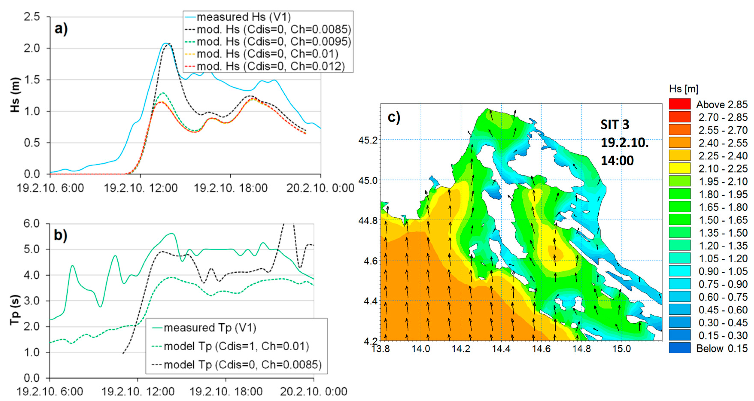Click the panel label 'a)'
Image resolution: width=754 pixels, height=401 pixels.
click(61, 29)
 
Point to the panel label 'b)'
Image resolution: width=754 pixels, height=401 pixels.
click(60, 235)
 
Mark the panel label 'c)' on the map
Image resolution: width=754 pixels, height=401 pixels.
click(394, 117)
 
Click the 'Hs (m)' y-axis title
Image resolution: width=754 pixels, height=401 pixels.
click(15, 95)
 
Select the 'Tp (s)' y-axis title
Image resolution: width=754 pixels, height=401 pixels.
click(15, 310)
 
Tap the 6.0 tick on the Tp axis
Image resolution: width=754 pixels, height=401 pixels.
click(32, 224)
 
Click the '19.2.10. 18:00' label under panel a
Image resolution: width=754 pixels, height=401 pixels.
click(231, 188)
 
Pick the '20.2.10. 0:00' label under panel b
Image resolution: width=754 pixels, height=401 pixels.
click(314, 391)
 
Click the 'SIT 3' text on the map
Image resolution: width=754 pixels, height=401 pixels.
click(615, 125)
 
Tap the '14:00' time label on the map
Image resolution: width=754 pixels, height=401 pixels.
click(617, 161)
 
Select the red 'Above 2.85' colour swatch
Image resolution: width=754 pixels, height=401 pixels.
click(680, 104)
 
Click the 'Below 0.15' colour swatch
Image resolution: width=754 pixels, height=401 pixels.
click(680, 348)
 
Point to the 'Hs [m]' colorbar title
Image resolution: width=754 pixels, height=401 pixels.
click(683, 89)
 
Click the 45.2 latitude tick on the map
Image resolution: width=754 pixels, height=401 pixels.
click(368, 140)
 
